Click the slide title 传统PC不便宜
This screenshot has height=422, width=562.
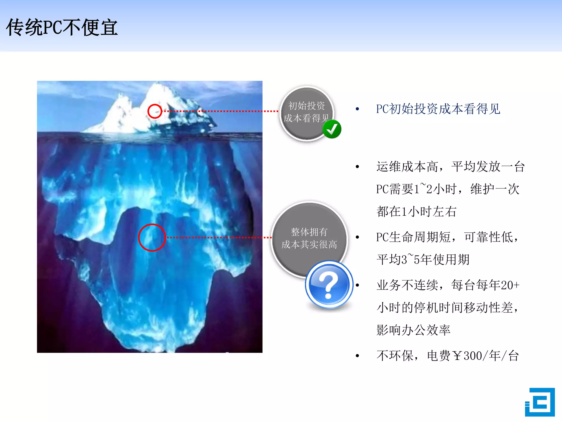point(62,27)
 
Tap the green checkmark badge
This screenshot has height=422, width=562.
point(332,129)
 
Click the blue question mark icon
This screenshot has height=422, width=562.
point(329,285)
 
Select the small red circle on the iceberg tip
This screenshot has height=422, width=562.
point(154,111)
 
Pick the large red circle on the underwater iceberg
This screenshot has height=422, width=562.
point(152,237)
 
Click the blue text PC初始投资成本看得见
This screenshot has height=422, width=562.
point(438,109)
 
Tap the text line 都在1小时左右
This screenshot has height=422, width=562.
point(416,212)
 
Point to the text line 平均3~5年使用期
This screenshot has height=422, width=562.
point(423,260)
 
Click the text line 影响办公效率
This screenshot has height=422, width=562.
point(413,330)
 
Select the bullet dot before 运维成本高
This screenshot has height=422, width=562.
point(357,167)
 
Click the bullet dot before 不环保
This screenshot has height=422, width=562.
point(357,356)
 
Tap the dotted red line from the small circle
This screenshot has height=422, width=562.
point(220,111)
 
